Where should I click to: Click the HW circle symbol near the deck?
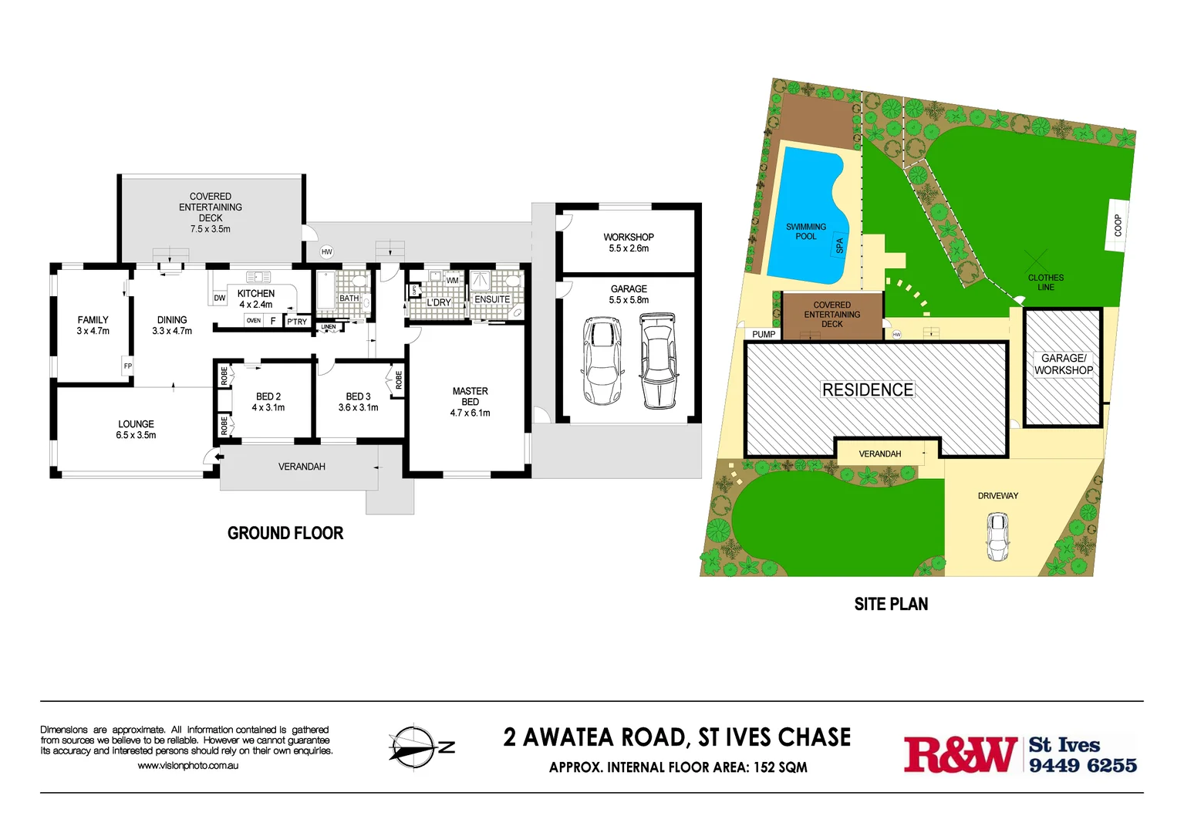coord(327,252)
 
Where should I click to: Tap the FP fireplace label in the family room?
coord(128,366)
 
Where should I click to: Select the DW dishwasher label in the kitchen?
coord(220,298)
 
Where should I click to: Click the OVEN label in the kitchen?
coord(254,320)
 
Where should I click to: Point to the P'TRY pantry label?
coord(297,322)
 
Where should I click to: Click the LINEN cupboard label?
coord(329,327)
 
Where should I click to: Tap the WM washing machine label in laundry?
coord(452,280)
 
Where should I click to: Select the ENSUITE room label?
coord(492,299)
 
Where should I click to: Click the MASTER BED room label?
coord(470,396)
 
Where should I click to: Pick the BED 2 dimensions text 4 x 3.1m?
coord(268,407)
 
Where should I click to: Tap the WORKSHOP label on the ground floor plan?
coord(629,238)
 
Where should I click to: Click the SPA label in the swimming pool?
coord(840,245)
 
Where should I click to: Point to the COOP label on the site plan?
coord(1118,224)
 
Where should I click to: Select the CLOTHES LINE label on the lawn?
coord(1045,282)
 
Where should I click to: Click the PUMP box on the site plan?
coord(764,334)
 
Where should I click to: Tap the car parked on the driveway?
coord(997,537)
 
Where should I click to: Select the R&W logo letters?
coord(960,754)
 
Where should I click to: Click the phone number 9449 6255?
coord(1082,765)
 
